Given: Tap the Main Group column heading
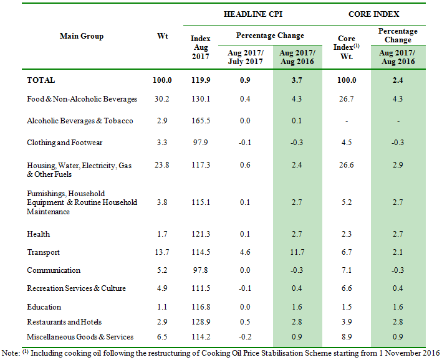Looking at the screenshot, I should point(81,36).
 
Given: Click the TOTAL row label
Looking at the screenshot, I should point(41,80).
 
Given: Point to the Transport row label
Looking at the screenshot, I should point(43,252).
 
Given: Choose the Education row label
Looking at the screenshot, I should point(44,307).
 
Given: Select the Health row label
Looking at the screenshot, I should point(38,234).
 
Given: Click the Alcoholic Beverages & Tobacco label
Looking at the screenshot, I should point(80,121).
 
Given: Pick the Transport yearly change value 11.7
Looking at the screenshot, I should point(297,252).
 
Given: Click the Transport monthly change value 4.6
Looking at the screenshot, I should point(245,252).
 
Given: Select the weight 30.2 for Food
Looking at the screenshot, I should point(162,99).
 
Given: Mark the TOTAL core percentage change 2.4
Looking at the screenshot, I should point(398,80).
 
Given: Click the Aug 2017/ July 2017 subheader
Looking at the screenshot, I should point(245,57).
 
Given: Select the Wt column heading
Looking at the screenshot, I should point(162,36).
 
